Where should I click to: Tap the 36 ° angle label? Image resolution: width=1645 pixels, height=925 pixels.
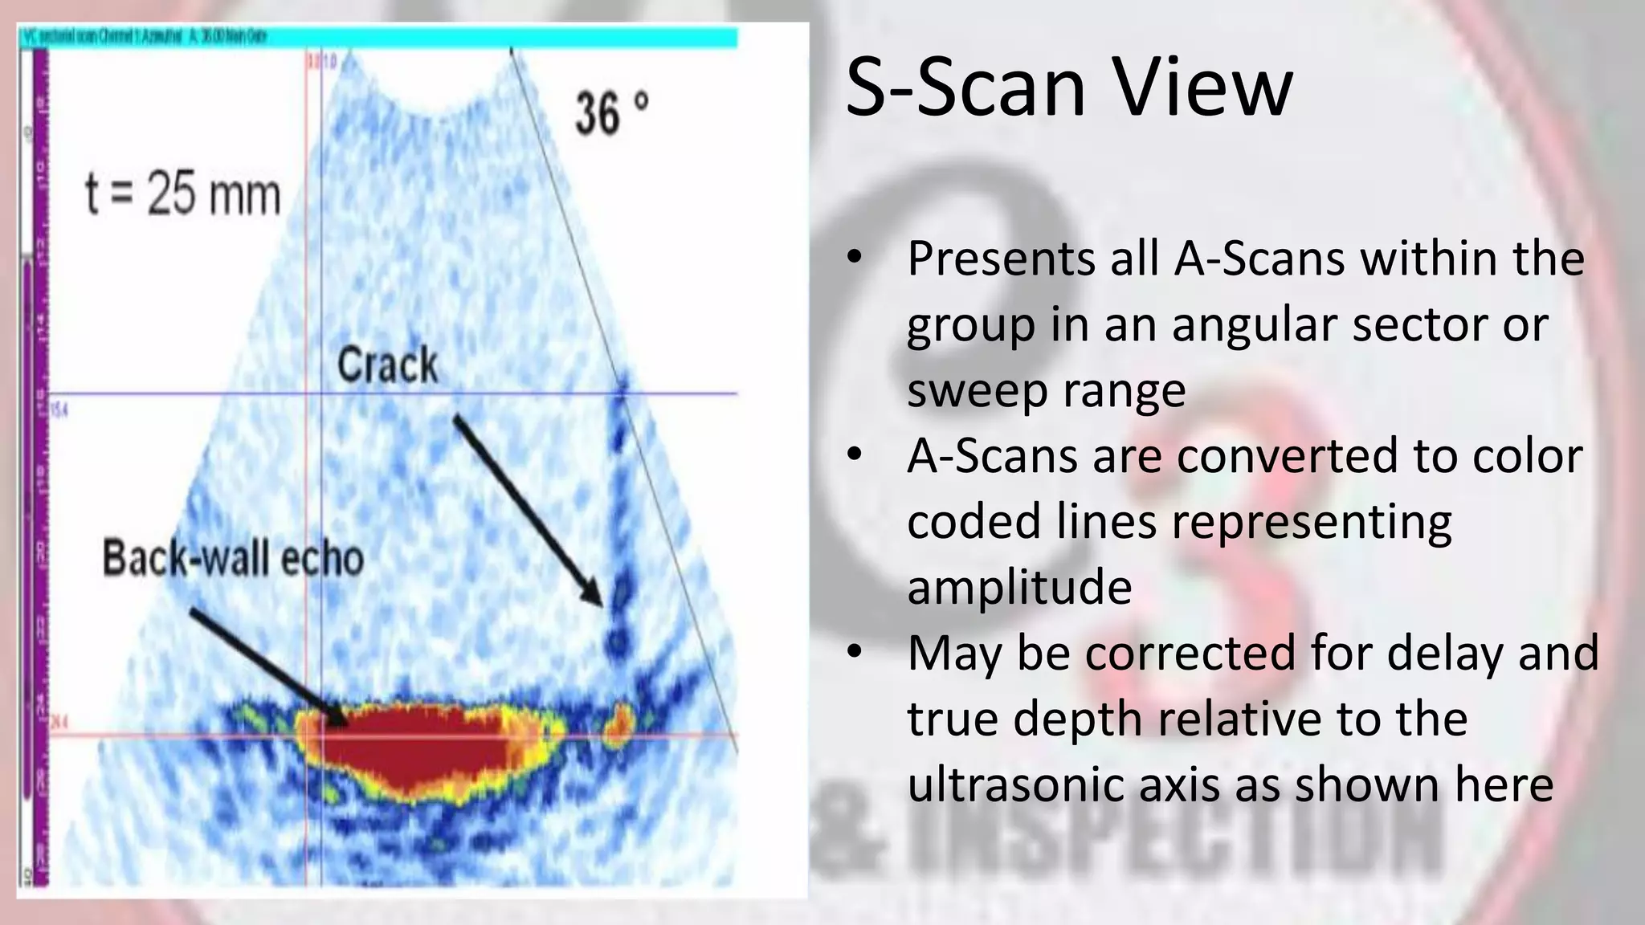[x=610, y=113]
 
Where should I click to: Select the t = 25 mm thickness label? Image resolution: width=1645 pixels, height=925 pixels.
[x=183, y=195]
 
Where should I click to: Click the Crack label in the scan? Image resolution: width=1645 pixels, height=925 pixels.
[x=388, y=365]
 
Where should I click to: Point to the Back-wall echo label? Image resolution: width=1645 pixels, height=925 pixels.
[x=233, y=558]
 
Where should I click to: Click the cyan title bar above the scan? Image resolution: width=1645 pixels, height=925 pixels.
[x=378, y=37]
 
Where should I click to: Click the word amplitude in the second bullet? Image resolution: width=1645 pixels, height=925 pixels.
[x=1019, y=586]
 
